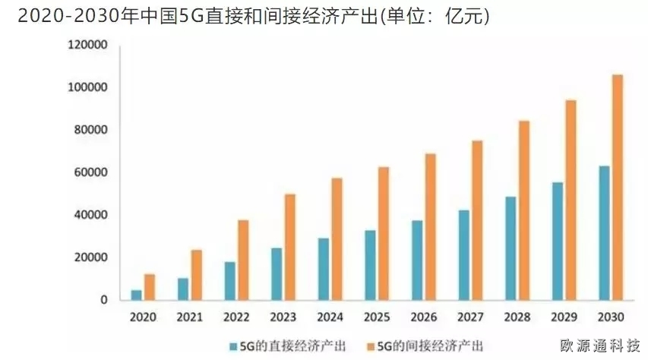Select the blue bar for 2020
click(136, 295)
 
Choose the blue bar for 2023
click(277, 273)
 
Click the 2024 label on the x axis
click(330, 317)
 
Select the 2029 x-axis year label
click(564, 317)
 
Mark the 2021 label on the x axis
click(189, 317)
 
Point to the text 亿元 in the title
click(465, 15)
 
